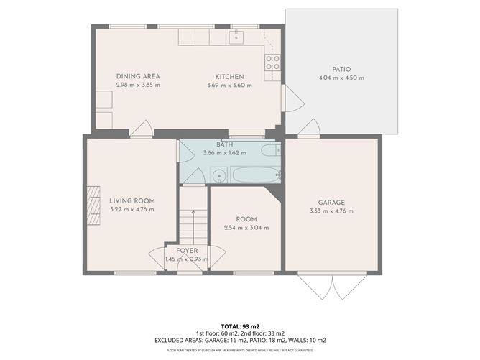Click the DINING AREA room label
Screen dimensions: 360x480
[137, 76]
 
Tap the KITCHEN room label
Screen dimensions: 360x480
[230, 76]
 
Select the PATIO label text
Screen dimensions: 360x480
[341, 69]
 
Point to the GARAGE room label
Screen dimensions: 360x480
[332, 203]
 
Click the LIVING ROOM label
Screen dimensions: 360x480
[131, 200]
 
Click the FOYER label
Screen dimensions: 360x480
[187, 251]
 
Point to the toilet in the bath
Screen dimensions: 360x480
[271, 151]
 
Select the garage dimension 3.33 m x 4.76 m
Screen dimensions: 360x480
[332, 211]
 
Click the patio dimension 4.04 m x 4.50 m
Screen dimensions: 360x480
[341, 78]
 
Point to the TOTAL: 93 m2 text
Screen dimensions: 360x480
[239, 326]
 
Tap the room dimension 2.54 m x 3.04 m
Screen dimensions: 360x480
[246, 227]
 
